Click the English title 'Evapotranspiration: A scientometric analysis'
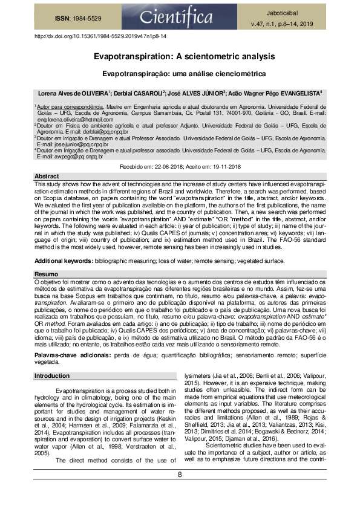pyautogui.click(x=180, y=56)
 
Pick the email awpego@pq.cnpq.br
pyautogui.click(x=73, y=157)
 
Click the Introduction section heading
pyautogui.click(x=52, y=376)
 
